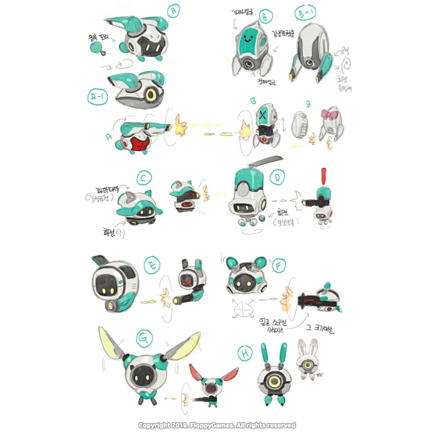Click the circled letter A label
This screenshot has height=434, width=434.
point(174,11)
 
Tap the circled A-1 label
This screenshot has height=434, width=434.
point(98,98)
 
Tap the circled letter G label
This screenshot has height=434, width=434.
point(142,339)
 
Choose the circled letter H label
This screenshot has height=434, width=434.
point(245,354)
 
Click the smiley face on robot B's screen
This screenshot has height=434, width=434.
point(249,38)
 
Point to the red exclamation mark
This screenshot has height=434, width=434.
point(323,177)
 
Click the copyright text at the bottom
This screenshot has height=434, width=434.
point(216,425)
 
